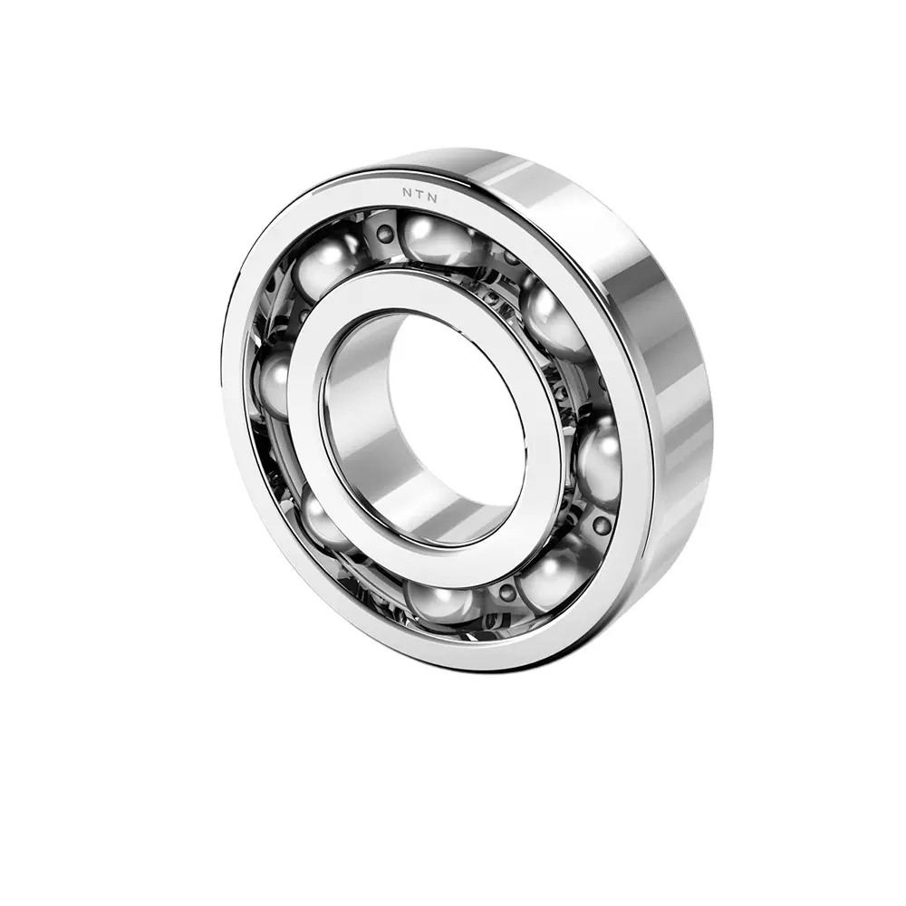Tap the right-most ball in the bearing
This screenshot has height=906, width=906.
599,462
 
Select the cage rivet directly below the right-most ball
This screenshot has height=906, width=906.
601,525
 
